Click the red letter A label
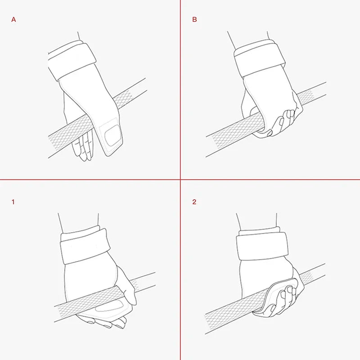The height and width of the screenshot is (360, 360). click(x=13, y=19)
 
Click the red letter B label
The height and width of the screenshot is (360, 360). click(x=194, y=19)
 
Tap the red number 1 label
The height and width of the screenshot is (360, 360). click(x=13, y=202)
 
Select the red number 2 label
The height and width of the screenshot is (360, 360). click(x=194, y=202)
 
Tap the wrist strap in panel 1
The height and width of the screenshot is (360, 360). click(x=85, y=246)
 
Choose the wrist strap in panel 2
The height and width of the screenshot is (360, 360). click(x=262, y=245)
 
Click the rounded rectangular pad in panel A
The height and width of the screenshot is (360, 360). click(x=113, y=135)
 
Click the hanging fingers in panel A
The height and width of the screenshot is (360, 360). click(x=84, y=146)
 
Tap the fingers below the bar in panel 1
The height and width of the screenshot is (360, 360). click(x=103, y=321)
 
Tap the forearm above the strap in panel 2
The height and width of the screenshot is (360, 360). click(x=256, y=221)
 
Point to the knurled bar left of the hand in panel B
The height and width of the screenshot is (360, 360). click(x=232, y=134)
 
